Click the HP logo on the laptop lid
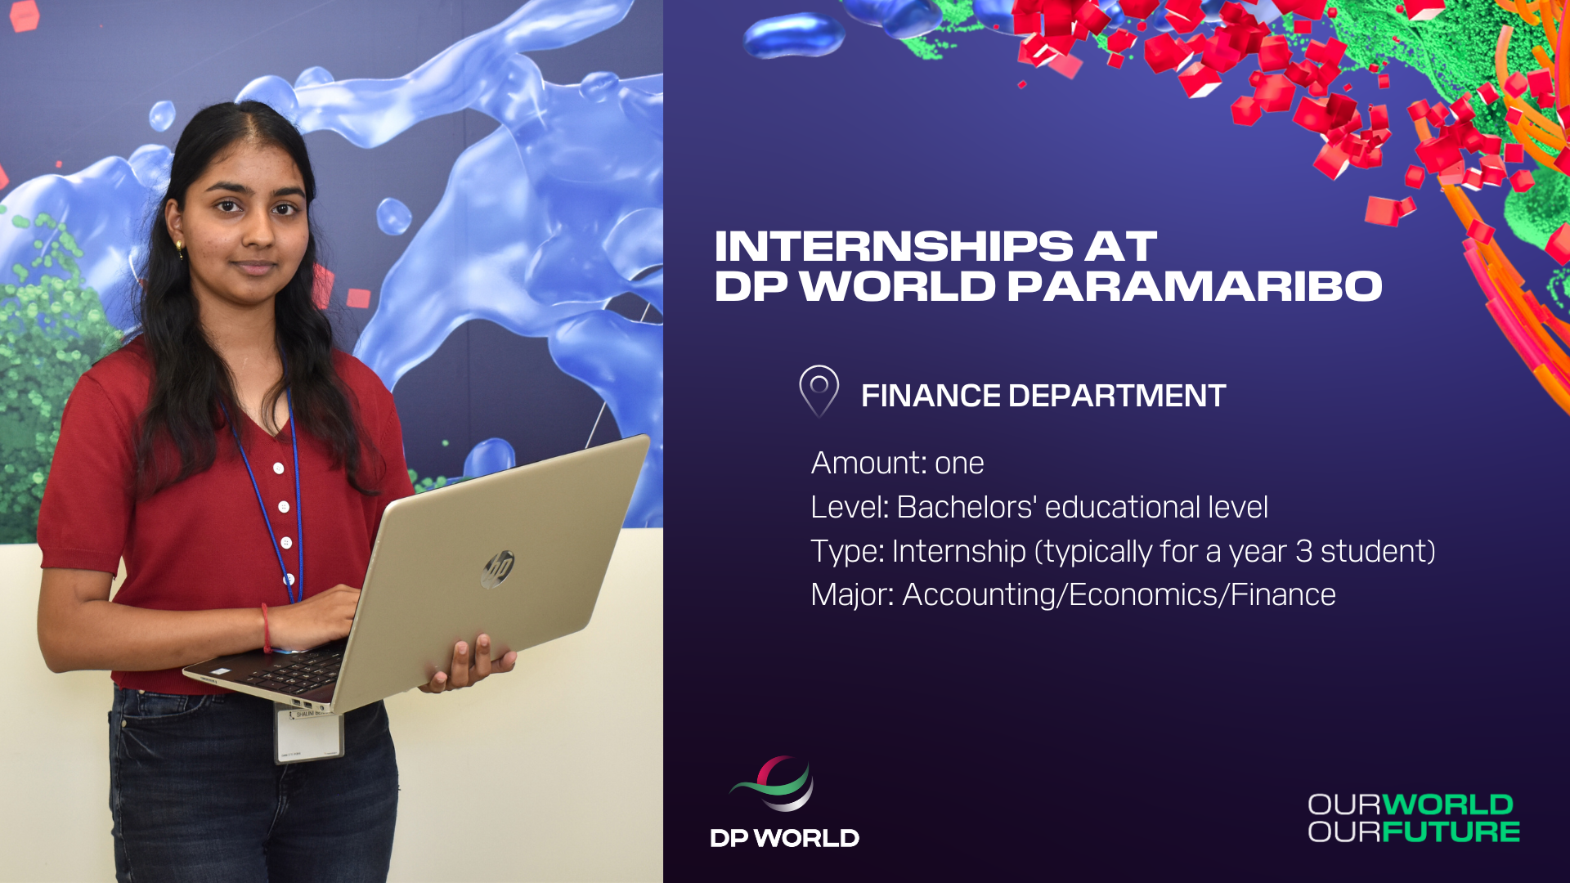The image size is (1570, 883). coord(498,568)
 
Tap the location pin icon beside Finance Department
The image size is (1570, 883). coord(819,391)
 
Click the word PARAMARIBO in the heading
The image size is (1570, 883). coord(1194,286)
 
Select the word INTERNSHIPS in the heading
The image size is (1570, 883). coord(894,246)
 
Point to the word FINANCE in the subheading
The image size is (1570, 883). coord(931,397)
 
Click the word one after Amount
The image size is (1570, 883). coord(959,464)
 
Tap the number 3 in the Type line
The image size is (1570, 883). coord(1303,552)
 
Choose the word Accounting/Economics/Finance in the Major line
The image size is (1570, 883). coord(1119,595)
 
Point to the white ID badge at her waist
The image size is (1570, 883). coord(308,734)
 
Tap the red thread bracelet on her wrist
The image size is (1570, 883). coord(266,628)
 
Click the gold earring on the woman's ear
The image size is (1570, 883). coord(180,247)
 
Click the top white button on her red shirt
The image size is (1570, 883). coord(279,468)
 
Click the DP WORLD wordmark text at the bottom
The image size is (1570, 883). coord(784,838)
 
